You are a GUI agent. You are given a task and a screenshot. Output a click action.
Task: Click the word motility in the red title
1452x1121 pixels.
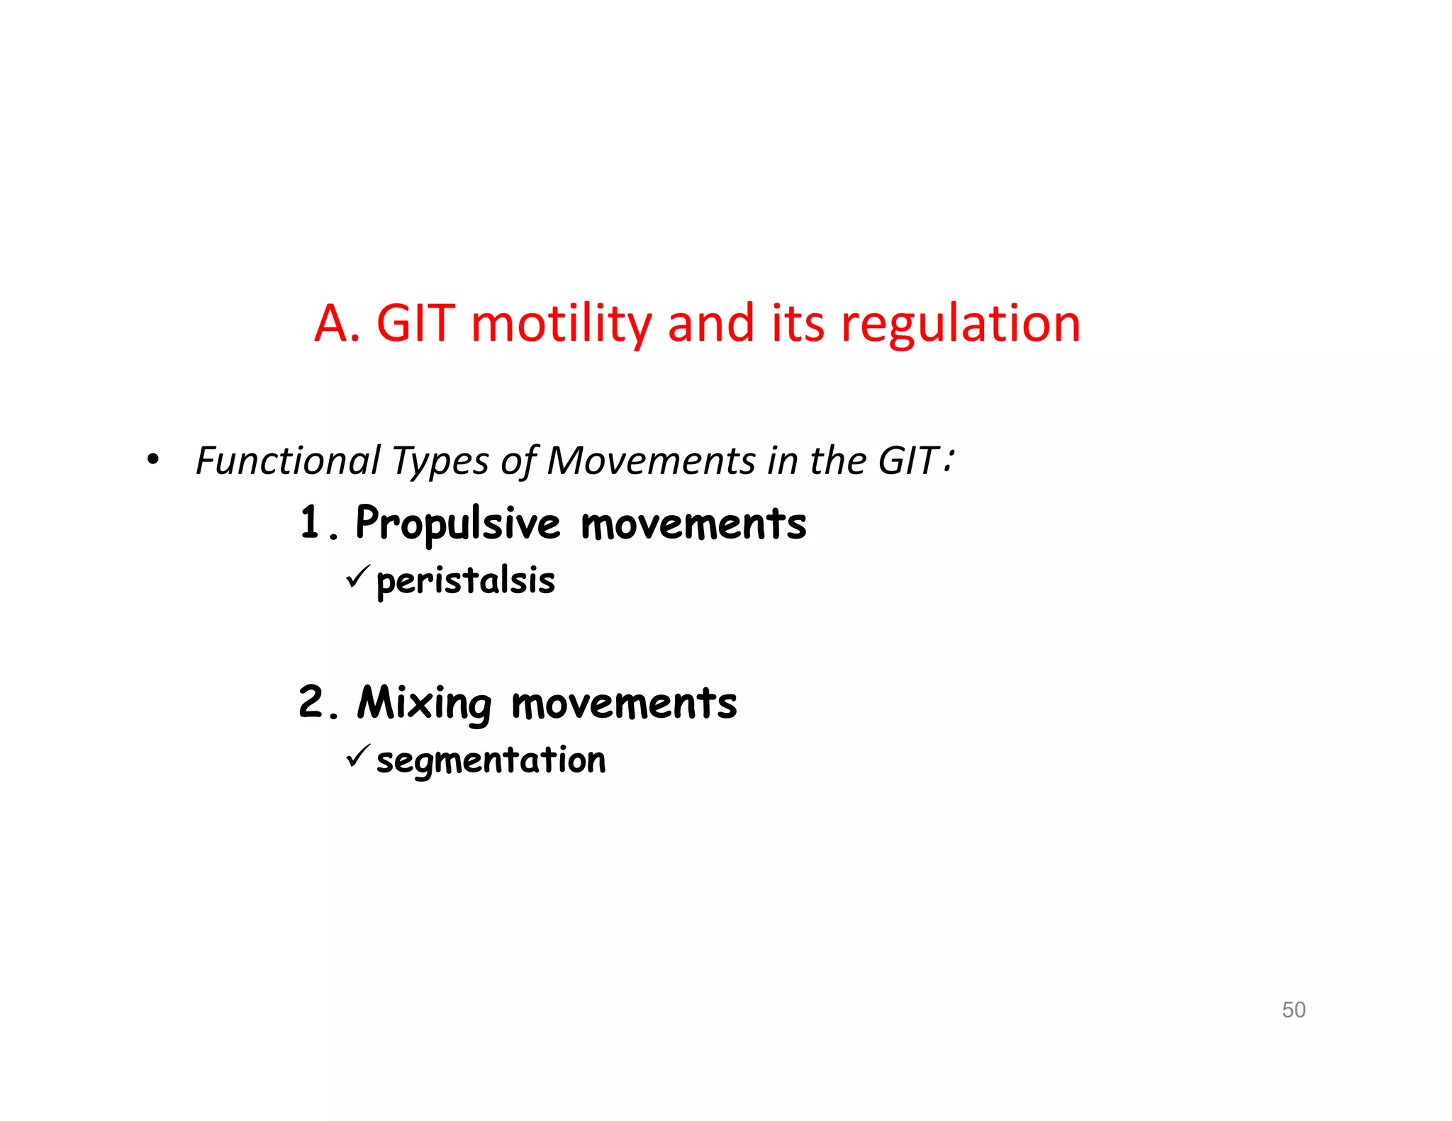[560, 325]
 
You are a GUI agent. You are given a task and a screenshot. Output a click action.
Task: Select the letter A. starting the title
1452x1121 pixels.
[336, 325]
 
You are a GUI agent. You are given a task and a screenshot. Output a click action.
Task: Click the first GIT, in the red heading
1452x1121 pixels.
[415, 325]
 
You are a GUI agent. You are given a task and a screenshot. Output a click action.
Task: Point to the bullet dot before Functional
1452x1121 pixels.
[153, 461]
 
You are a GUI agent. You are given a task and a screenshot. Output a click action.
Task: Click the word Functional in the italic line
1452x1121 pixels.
[287, 461]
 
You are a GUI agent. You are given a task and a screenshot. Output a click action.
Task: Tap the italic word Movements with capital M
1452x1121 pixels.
[651, 461]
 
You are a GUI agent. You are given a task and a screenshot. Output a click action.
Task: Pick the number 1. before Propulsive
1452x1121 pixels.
[316, 524]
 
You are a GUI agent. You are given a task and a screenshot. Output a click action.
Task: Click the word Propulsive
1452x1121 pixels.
[457, 524]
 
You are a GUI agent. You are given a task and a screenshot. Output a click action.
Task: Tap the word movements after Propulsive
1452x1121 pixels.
[693, 524]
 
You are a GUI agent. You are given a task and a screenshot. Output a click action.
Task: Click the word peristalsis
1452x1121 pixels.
[465, 581]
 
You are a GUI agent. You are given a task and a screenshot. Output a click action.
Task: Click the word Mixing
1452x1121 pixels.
[424, 704]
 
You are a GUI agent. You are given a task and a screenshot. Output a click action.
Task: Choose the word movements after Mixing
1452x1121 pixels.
[624, 704]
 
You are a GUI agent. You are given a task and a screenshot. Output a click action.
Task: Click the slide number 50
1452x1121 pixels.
[1293, 1009]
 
